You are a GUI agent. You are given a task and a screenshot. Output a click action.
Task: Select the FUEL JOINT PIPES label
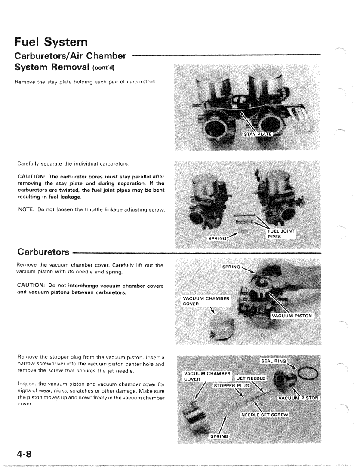[278, 234]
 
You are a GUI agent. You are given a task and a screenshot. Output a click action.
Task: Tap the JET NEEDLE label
[252, 378]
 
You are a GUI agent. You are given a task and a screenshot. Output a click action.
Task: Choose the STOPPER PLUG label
[232, 385]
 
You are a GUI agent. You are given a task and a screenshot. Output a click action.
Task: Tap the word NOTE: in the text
[25, 221]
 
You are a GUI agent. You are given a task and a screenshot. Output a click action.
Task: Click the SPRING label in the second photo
[219, 237]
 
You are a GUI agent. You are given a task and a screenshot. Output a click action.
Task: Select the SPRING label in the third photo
[233, 267]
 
